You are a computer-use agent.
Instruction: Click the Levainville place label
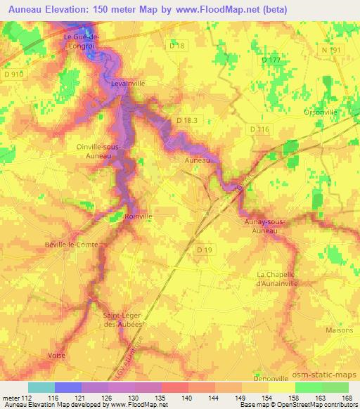127,83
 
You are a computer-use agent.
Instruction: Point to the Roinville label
138,216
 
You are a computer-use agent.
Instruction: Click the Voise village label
57,356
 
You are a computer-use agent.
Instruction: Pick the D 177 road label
271,60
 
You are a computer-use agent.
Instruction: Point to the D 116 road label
259,130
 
